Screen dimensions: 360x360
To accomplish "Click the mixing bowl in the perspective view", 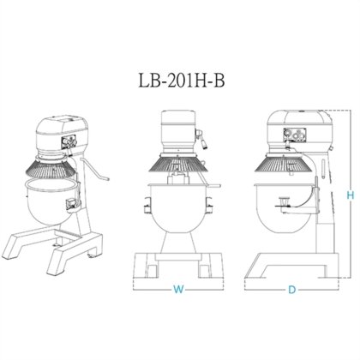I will point(54,202).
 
